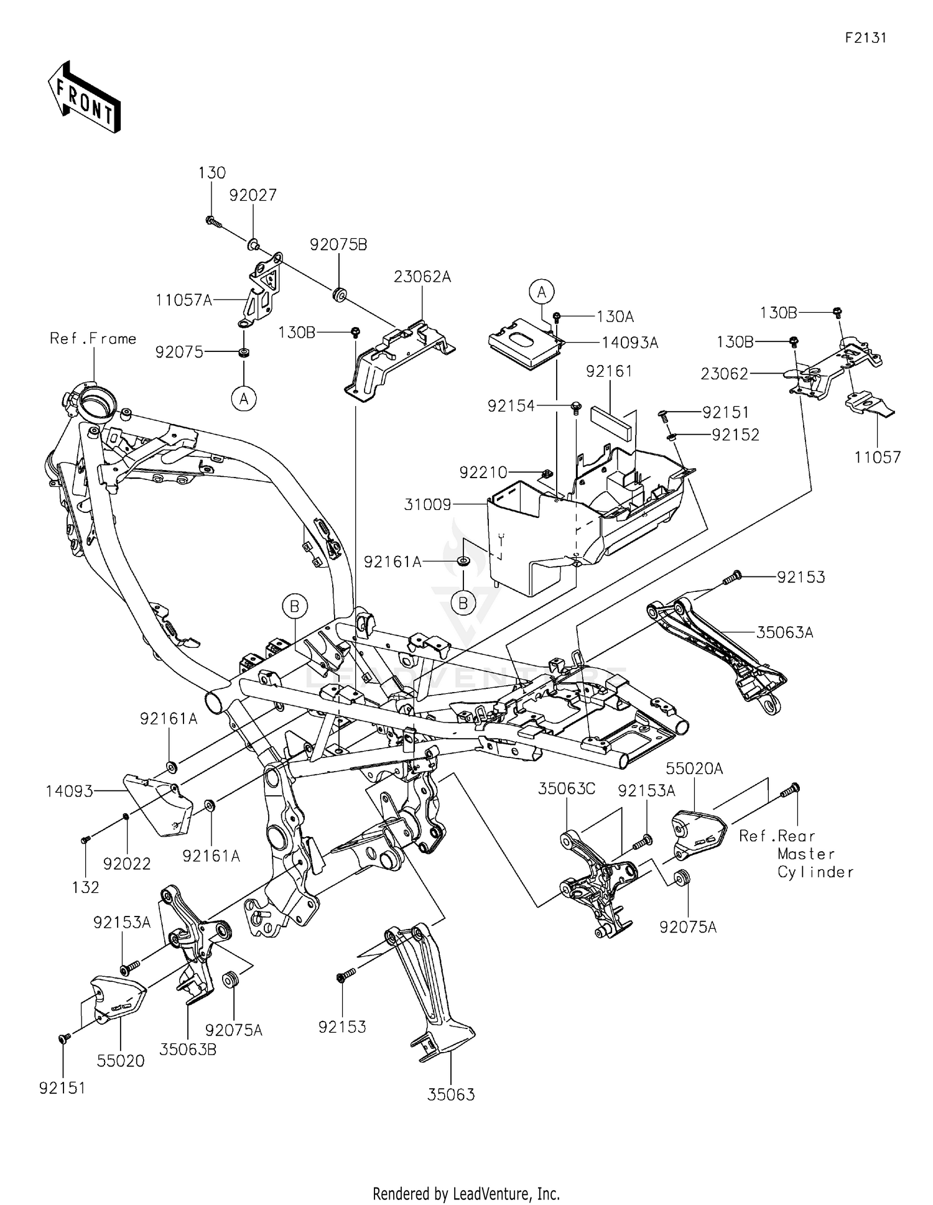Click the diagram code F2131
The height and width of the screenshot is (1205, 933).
(x=865, y=38)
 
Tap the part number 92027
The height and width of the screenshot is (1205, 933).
(x=253, y=195)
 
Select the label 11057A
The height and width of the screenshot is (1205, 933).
(x=183, y=300)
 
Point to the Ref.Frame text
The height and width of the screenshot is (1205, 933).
(x=93, y=339)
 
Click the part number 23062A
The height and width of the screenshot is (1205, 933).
(x=422, y=277)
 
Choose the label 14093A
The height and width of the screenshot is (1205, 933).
(x=629, y=343)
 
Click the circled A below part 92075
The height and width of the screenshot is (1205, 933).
(x=244, y=399)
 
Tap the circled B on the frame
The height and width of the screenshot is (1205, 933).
(x=295, y=606)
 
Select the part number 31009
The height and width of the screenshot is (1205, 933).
(x=427, y=505)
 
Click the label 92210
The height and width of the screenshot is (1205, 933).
(x=483, y=473)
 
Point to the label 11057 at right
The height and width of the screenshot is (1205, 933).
(x=877, y=458)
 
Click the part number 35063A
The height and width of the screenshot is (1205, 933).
(x=785, y=633)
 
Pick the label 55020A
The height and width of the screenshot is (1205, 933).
(x=694, y=769)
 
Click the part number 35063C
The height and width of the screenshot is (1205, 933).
(x=567, y=789)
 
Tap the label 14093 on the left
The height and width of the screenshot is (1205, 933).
(x=69, y=792)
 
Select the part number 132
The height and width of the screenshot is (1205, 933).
(x=85, y=888)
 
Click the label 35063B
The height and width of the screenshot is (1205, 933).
(x=188, y=1050)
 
